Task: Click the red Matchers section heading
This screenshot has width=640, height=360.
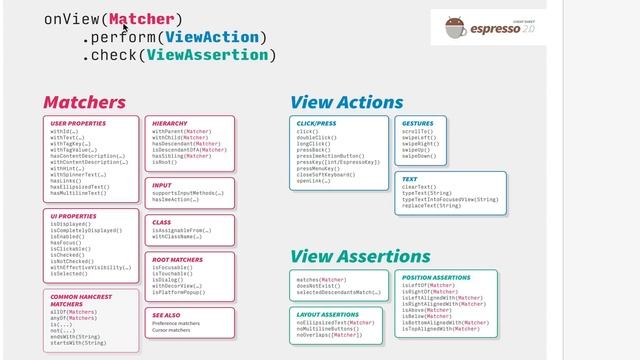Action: [84, 102]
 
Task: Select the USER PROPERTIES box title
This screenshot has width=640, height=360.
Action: [77, 122]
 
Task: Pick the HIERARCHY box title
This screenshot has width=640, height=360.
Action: [169, 122]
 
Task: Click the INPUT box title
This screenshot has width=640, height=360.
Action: [162, 185]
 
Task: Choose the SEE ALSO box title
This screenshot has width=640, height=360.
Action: [167, 314]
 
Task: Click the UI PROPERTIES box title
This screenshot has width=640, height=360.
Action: [73, 215]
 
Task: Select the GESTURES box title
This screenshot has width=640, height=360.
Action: [417, 122]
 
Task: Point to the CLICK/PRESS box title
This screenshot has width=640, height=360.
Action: [317, 122]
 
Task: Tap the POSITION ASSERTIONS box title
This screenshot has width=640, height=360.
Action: [436, 277]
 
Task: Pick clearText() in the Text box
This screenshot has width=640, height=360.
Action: [420, 187]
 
